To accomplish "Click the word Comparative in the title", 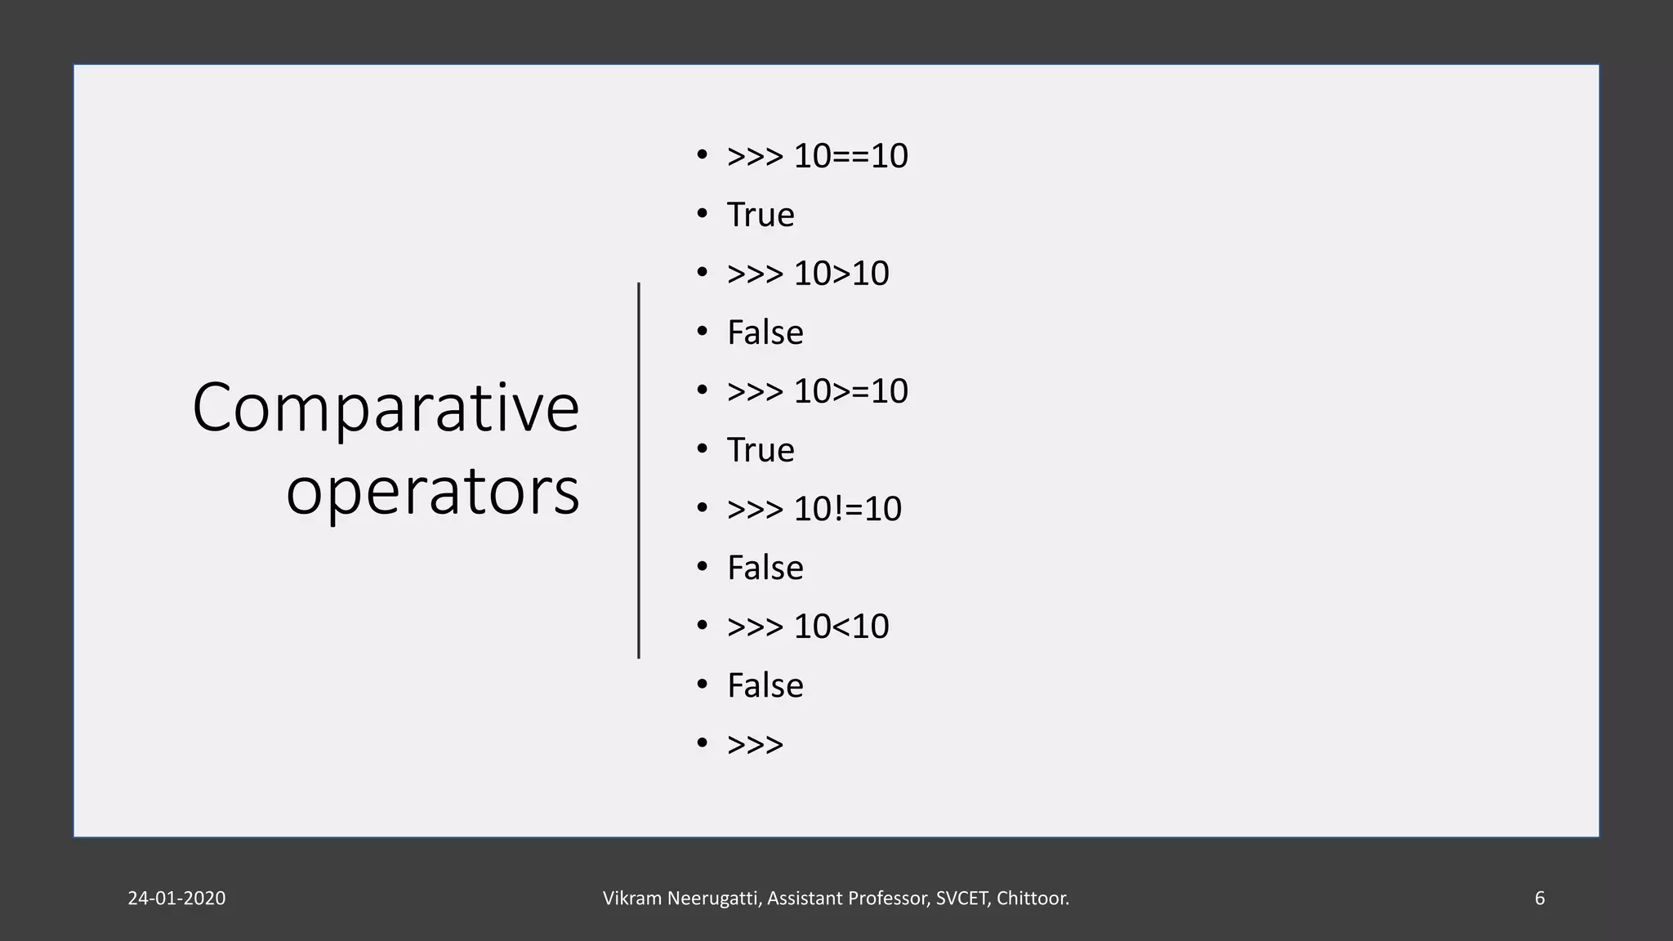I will [x=386, y=408].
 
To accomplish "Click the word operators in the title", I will [x=432, y=492].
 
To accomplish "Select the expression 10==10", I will [x=850, y=156].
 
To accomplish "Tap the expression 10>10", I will [x=841, y=274].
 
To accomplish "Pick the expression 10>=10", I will [x=850, y=391].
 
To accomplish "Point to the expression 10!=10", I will [x=847, y=509].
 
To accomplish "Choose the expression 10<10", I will [x=841, y=627].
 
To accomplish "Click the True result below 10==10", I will [x=761, y=215].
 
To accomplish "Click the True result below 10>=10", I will [x=761, y=450].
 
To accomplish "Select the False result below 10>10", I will [x=765, y=332].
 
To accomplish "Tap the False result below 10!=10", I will [x=765, y=568].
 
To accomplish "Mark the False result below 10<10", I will [x=765, y=685].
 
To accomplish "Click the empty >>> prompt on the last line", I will [x=755, y=744].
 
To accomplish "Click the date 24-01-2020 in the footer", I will [x=176, y=899].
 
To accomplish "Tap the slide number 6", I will [x=1540, y=899].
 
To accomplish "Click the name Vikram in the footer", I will [x=632, y=899].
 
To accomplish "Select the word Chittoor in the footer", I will [x=1031, y=899].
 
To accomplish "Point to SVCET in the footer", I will [x=962, y=899].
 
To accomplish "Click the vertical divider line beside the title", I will [x=639, y=470].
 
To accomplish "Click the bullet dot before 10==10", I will [x=702, y=154].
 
